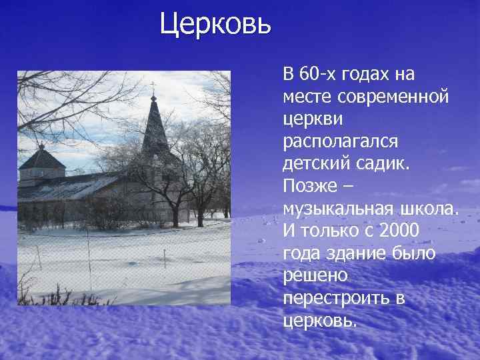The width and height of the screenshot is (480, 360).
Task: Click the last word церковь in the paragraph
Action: (x=319, y=321)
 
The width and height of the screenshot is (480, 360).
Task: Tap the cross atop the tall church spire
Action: (x=153, y=85)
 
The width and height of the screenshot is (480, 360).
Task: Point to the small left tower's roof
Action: (x=42, y=159)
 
